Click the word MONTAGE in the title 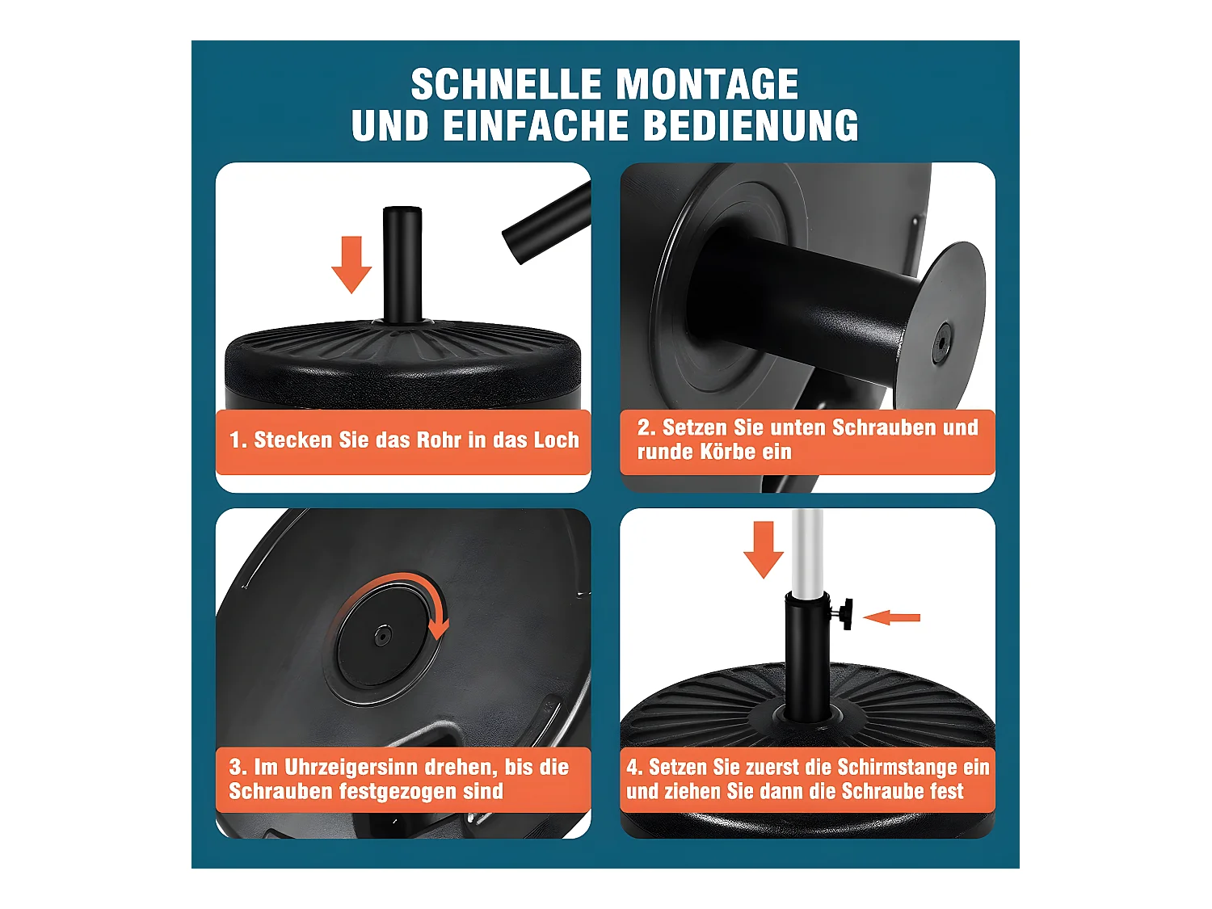(707, 85)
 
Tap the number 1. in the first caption (238, 440)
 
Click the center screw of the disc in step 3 (381, 637)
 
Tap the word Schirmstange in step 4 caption (885, 767)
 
